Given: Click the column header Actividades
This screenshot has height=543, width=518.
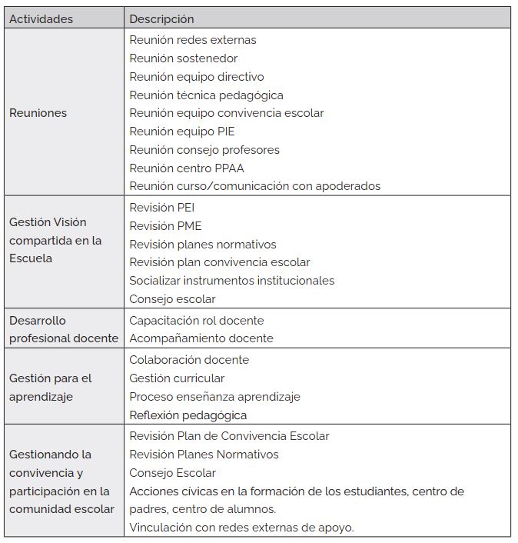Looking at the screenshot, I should (42, 18).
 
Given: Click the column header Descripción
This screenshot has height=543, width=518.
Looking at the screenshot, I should (161, 18).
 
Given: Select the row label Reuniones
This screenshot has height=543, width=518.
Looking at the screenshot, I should (38, 113).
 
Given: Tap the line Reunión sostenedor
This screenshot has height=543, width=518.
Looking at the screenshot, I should (184, 58).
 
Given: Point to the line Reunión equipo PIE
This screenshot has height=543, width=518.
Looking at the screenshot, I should (182, 132).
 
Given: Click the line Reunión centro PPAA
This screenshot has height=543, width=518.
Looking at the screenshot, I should (187, 168).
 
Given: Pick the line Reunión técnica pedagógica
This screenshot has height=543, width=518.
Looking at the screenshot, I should (206, 95).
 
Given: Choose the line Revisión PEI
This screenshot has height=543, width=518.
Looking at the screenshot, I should (162, 208).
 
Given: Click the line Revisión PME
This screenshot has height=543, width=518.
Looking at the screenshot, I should (165, 226).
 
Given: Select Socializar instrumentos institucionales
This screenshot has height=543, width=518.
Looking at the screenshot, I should (232, 281).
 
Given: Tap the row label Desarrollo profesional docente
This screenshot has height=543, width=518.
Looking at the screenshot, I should (64, 329).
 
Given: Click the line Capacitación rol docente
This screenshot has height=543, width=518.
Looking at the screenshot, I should (196, 320).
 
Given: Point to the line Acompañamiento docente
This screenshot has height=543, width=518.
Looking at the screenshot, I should (201, 338).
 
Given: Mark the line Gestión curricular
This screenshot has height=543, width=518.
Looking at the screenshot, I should (177, 378).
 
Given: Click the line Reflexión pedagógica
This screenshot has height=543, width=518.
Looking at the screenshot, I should (188, 415).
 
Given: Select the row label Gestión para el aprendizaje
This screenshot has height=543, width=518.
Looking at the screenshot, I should (51, 388).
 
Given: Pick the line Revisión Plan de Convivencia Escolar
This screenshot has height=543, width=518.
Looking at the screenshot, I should (229, 436).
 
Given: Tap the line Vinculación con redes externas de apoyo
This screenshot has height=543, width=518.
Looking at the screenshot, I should (241, 527).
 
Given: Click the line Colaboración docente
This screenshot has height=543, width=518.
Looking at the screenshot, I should (189, 360).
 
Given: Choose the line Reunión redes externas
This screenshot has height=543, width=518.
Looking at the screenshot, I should (193, 40).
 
